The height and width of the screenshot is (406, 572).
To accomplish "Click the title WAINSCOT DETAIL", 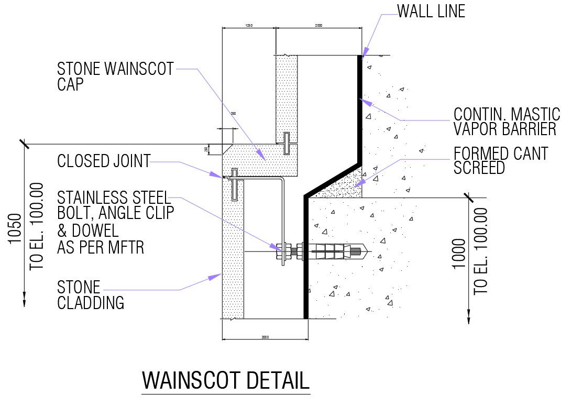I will click(226, 380).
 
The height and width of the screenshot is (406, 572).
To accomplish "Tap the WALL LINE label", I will click(431, 11).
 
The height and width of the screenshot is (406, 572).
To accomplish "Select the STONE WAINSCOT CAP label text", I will click(115, 76).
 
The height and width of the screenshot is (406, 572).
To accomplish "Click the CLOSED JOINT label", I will click(104, 161).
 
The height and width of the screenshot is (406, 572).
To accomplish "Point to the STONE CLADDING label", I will click(90, 295).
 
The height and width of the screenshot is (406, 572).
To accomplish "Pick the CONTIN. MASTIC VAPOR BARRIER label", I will click(507, 122).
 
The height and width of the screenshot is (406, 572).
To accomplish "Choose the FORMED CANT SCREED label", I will click(500, 160).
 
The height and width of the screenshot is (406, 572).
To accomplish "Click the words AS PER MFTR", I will click(101, 247).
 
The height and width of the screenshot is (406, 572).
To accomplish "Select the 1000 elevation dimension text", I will click(459, 254).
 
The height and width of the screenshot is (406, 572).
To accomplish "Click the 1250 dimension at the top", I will click(249, 25).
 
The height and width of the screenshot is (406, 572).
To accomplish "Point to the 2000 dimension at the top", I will click(318, 25).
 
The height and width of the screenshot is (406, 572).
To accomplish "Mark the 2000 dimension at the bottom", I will click(265, 337).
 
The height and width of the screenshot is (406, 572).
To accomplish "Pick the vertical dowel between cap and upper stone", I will click(286, 144).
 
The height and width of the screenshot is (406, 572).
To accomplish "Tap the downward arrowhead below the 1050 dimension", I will click(24, 300).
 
